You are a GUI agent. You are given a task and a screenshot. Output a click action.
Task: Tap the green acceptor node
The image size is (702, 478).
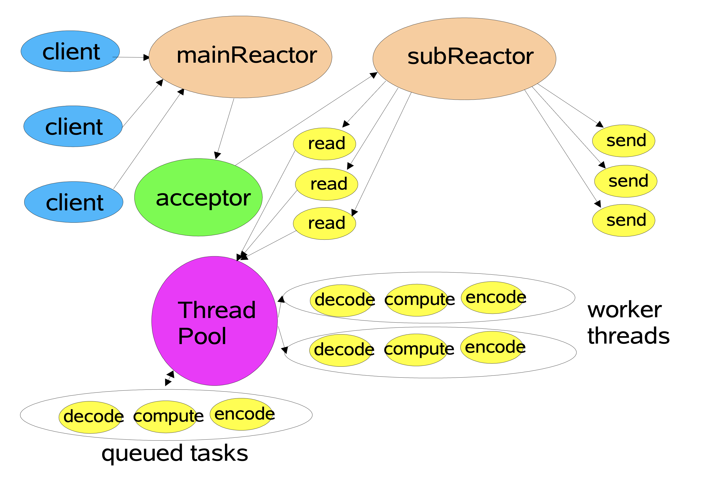coord(198,197)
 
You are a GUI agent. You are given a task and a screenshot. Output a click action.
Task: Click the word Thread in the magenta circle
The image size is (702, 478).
coord(217,310)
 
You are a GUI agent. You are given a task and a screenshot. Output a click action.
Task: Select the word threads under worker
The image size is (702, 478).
coord(628,336)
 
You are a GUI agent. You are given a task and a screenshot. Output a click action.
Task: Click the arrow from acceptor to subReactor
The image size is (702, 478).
coord(305,119)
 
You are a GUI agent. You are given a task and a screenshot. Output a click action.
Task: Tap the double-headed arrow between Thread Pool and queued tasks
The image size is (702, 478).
coord(170,378)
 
